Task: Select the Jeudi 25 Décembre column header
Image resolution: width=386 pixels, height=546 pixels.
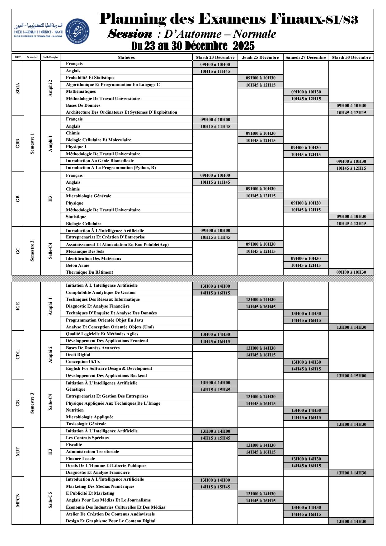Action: pyautogui.click(x=261, y=57)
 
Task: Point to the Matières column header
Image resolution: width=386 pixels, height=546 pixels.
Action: pyautogui.click(x=126, y=57)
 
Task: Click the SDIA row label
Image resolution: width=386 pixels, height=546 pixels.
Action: pyautogui.click(x=18, y=88)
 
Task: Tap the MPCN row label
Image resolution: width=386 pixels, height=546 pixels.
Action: pyautogui.click(x=18, y=500)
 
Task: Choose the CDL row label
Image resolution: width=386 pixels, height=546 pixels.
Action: pyautogui.click(x=18, y=355)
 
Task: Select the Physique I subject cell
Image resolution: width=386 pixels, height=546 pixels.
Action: pyautogui.click(x=76, y=147)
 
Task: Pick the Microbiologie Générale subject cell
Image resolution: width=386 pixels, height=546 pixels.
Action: pyautogui.click(x=88, y=196)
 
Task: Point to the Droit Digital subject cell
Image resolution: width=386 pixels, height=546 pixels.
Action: pyautogui.click(x=78, y=355)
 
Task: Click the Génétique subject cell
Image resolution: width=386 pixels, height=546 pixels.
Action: pyautogui.click(x=76, y=389)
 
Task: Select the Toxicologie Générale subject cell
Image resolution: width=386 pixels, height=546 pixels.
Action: pyautogui.click(x=86, y=424)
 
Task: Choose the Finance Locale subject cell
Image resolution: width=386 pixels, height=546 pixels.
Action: pyautogui.click(x=80, y=459)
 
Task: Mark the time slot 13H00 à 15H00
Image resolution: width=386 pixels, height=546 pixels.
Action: pyautogui.click(x=351, y=376)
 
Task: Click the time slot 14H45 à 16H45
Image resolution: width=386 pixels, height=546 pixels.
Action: pyautogui.click(x=261, y=307)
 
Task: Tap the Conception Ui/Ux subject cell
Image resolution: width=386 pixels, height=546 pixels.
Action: pyautogui.click(x=83, y=362)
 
